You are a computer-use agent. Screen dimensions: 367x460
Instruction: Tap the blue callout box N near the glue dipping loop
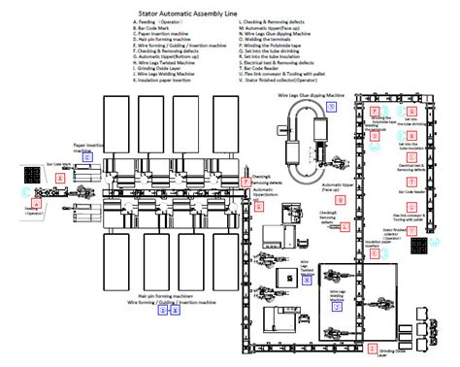332,109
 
